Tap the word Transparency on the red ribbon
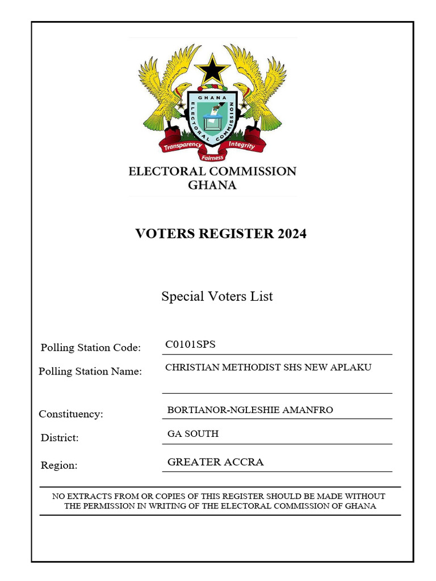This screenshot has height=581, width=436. [183, 145]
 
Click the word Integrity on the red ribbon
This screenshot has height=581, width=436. [242, 145]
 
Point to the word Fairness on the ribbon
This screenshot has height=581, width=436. [212, 157]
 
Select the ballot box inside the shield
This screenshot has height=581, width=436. [212, 121]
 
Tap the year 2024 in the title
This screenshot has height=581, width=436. [292, 233]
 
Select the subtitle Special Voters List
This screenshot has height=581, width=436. [217, 296]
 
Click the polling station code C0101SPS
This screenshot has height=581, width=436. [190, 344]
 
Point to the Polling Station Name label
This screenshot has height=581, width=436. [90, 372]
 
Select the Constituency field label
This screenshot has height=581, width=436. [71, 414]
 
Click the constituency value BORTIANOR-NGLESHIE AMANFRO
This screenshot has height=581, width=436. [250, 410]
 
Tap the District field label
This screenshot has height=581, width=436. [60, 438]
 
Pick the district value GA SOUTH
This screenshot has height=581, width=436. [193, 434]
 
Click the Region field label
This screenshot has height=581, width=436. [59, 465]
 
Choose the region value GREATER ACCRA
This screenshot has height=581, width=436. [216, 462]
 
